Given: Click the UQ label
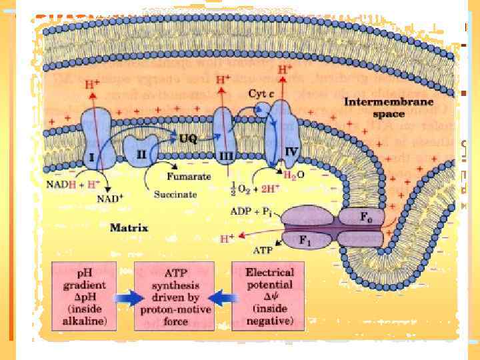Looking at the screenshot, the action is point(187,138).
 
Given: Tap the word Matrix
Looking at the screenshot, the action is point(129,227).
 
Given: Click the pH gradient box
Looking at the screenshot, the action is point(85,295).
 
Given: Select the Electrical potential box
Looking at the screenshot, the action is point(270,295).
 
